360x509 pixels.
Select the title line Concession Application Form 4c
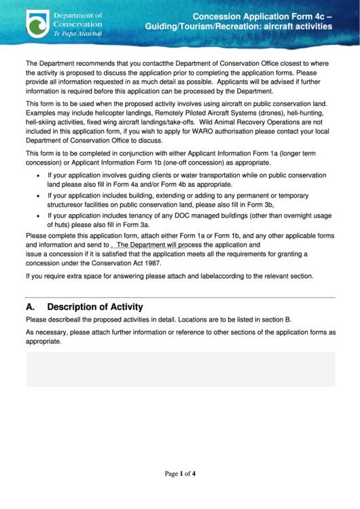[x=262, y=16]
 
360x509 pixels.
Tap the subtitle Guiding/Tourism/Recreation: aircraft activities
[x=238, y=27]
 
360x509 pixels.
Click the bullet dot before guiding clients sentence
[x=37, y=175]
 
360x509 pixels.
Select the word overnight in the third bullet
[x=291, y=215]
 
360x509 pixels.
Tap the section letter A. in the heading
[x=31, y=306]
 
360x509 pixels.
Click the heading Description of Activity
[x=95, y=306]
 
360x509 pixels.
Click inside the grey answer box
[x=180, y=369]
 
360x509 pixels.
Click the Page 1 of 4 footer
[x=181, y=474]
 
